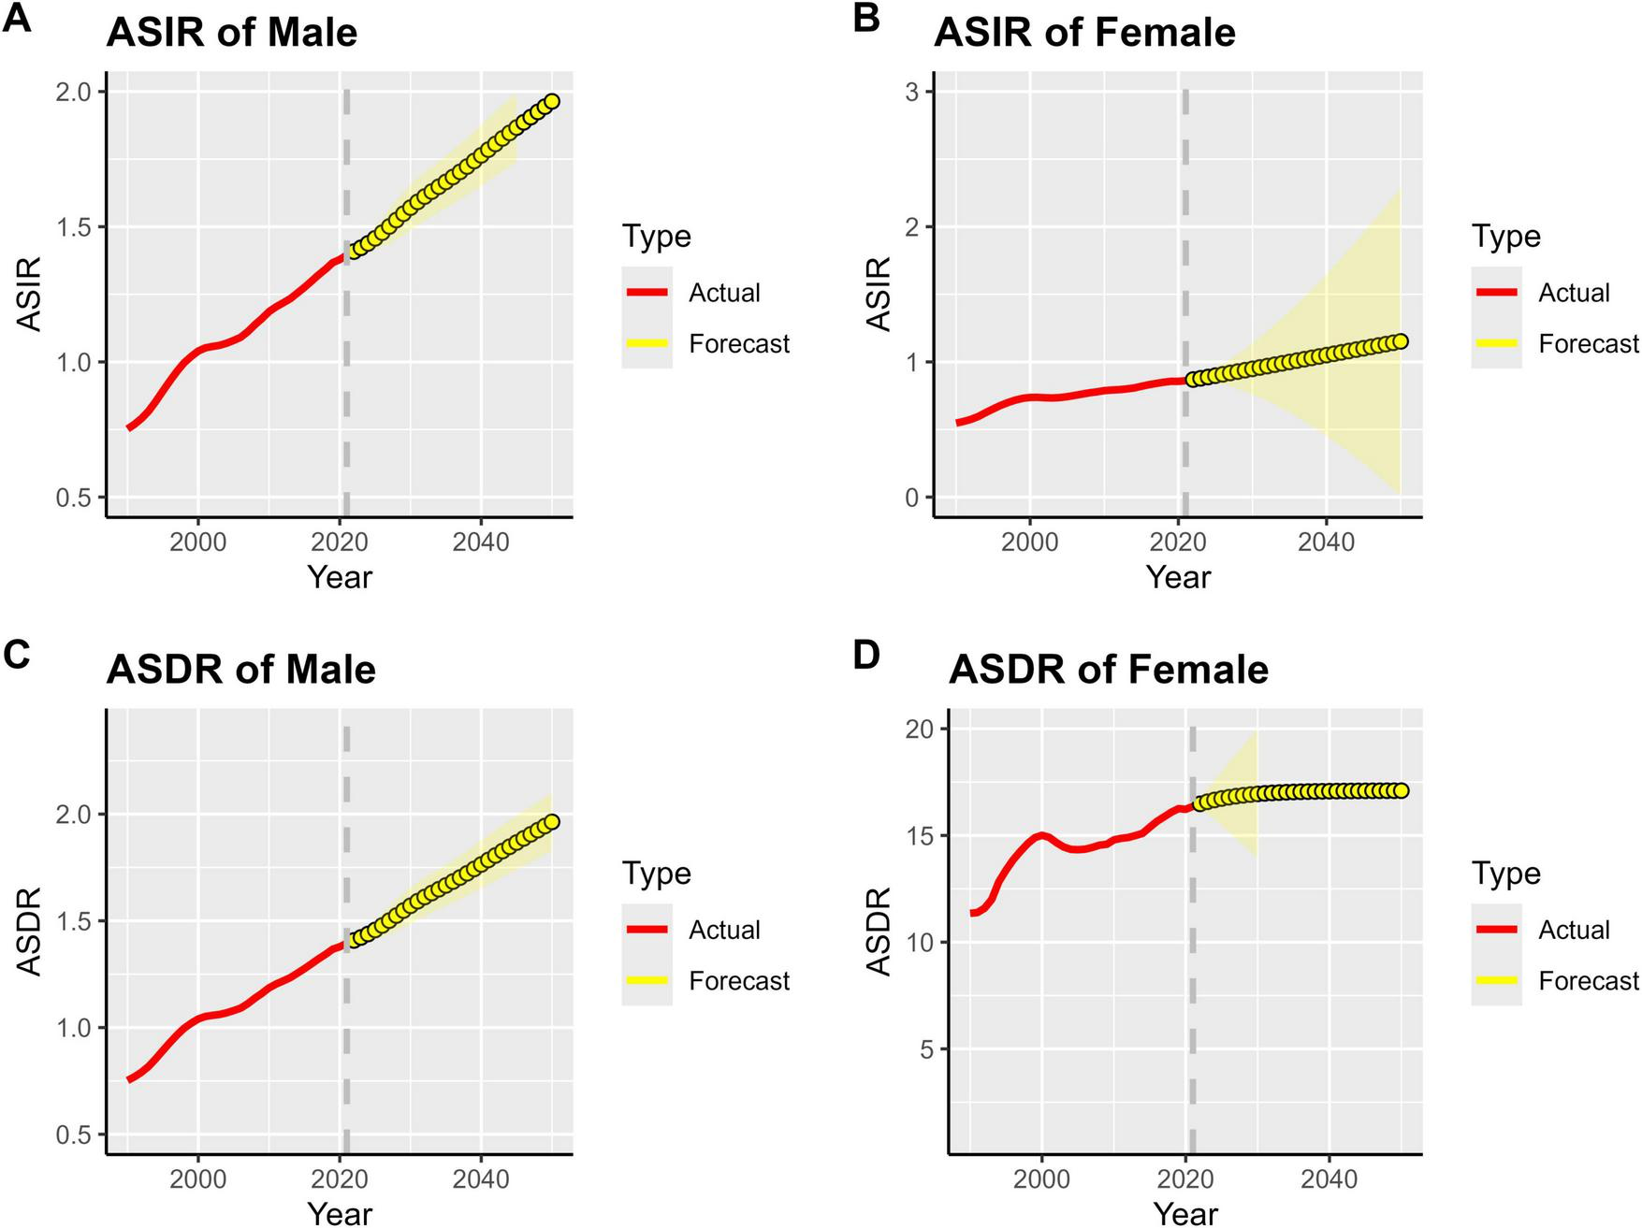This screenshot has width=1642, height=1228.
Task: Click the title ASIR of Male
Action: [231, 33]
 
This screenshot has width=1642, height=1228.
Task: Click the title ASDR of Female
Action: [1108, 670]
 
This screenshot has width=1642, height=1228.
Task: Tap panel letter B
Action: [866, 17]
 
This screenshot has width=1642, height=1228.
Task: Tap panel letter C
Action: [17, 654]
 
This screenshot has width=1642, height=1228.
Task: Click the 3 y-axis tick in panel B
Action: [911, 92]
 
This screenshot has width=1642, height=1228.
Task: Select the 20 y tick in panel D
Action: [921, 729]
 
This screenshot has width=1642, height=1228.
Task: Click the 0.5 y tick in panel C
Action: [74, 1134]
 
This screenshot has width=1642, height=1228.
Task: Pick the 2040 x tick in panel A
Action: [481, 542]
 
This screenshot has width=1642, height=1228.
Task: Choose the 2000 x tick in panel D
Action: [1041, 1179]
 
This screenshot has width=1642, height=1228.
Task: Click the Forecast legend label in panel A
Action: [739, 344]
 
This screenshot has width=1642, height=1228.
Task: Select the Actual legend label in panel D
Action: [1574, 930]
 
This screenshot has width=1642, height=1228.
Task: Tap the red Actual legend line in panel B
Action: [1496, 293]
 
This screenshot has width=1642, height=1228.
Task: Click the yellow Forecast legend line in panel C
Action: [647, 980]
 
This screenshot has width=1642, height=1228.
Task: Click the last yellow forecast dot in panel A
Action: [552, 101]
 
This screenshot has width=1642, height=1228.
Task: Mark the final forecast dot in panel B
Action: [1401, 341]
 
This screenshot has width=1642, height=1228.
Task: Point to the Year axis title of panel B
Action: [1178, 577]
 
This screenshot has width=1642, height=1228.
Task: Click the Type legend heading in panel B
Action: [1505, 236]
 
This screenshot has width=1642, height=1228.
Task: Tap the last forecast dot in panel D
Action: [1401, 790]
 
